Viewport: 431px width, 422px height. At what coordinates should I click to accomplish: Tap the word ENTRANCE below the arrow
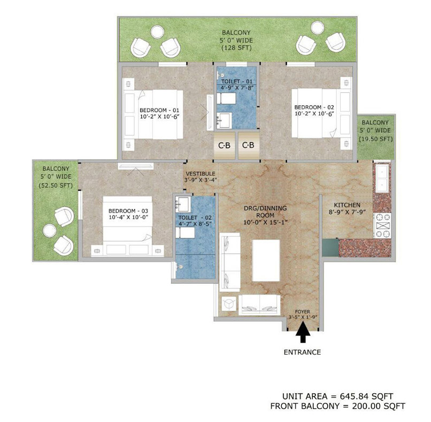click(303, 352)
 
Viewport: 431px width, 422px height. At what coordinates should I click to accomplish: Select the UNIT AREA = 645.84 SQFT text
click(337, 396)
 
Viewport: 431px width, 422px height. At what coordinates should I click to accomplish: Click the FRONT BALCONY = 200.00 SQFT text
click(337, 406)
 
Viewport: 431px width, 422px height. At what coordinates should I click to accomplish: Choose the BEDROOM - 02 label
click(313, 106)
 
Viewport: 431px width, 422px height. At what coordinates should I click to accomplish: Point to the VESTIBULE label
click(201, 174)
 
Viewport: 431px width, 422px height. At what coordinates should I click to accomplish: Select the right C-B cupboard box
click(248, 145)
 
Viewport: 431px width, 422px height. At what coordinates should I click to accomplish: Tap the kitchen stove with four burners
click(384, 225)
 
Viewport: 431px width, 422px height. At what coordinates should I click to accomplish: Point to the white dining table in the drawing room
click(266, 261)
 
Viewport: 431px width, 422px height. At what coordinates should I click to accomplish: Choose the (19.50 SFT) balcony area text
click(376, 139)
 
